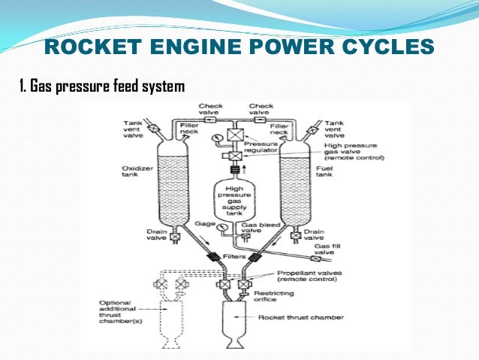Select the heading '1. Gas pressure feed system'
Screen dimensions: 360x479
point(101,88)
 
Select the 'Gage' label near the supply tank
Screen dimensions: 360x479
point(206,224)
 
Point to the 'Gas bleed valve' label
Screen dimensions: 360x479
point(256,228)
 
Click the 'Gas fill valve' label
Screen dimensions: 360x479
point(330,249)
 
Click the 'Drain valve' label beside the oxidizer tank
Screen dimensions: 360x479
point(155,236)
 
